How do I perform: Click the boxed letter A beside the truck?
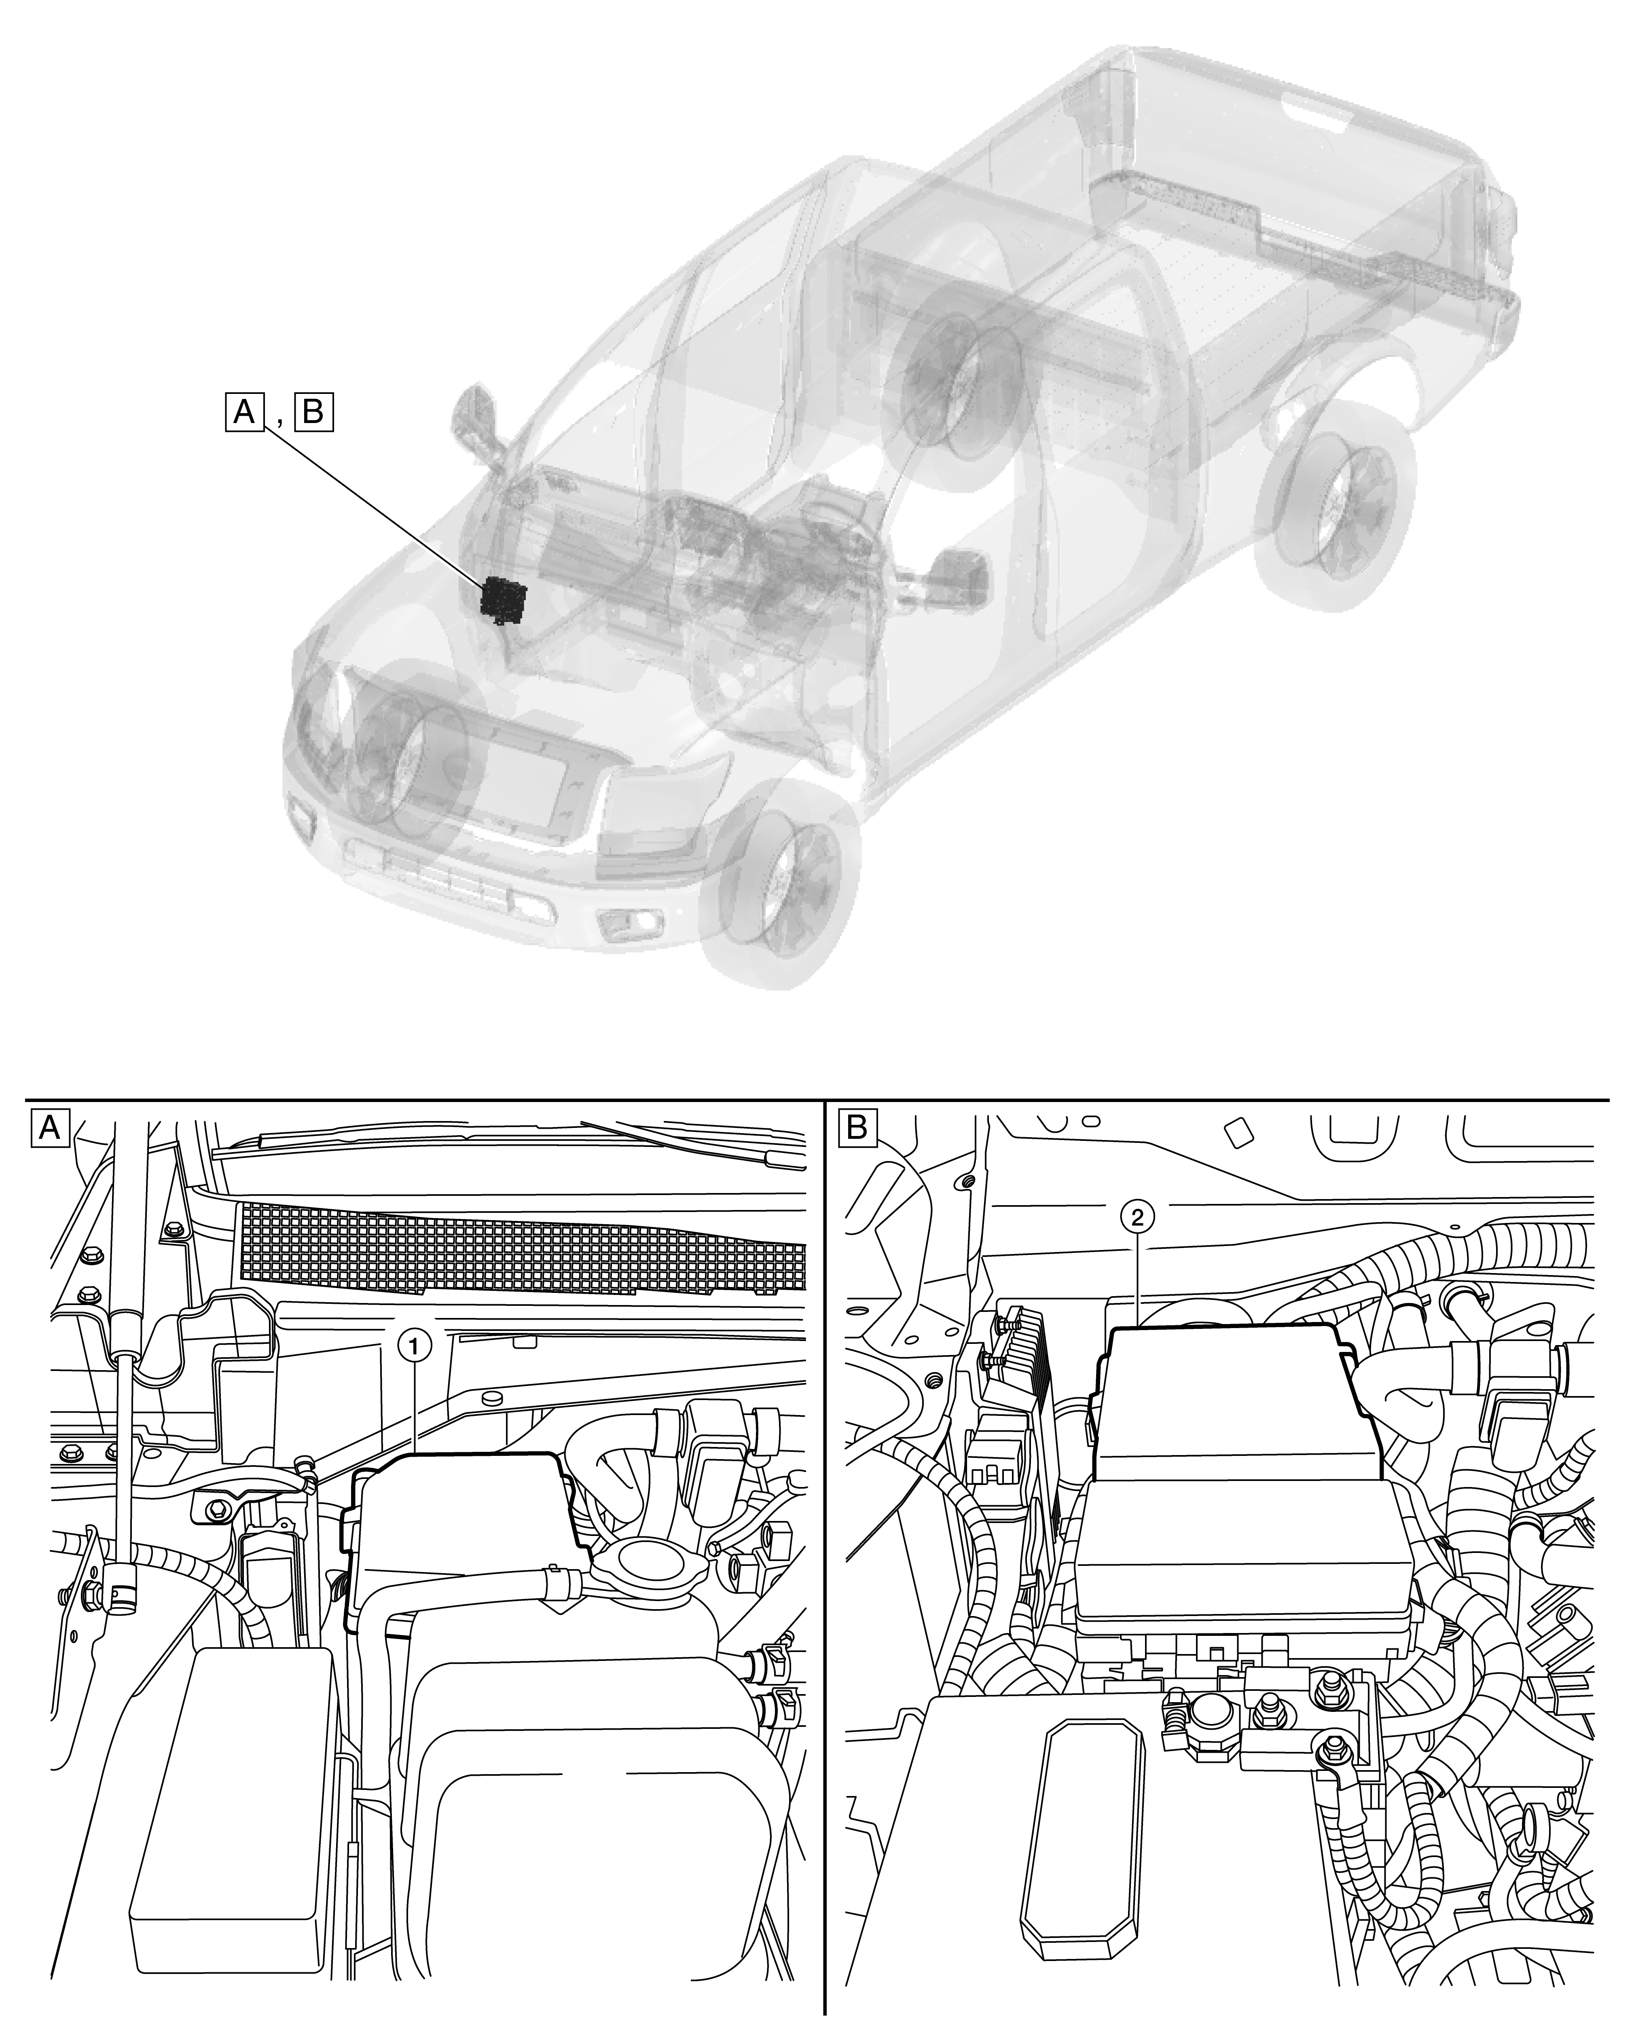(243, 412)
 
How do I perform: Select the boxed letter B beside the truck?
(314, 412)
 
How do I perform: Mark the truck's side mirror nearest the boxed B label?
(480, 425)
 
